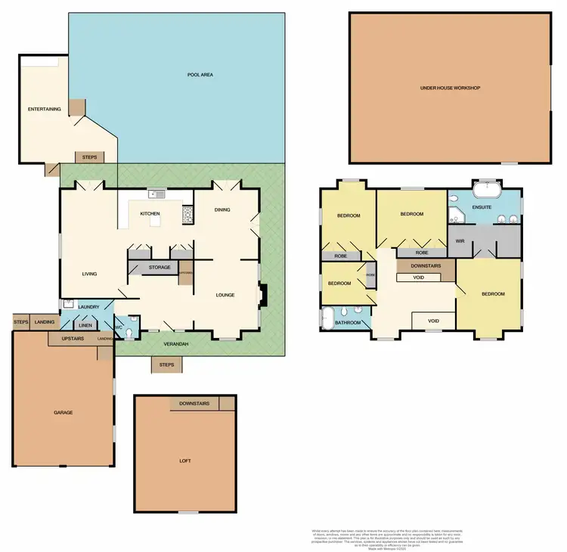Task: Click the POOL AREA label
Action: [199, 75]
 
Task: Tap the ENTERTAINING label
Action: [44, 109]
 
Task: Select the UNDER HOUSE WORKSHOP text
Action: [450, 88]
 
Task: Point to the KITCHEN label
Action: [150, 214]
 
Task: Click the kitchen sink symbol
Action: [156, 194]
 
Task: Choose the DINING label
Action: [222, 210]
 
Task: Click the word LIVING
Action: [92, 274]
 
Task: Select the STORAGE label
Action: [160, 268]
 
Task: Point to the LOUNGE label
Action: [225, 295]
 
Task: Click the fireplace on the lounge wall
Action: [262, 296]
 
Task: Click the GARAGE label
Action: [63, 412]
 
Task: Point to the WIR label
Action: [459, 240]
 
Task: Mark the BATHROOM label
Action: [349, 323]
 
